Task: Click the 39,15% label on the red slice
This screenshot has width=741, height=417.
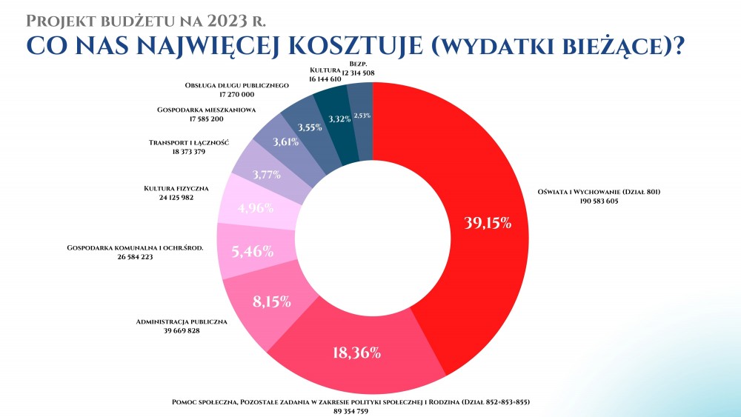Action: tap(487, 223)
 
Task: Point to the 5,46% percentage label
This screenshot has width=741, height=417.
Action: tap(253, 251)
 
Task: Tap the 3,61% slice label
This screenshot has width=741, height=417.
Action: tap(286, 142)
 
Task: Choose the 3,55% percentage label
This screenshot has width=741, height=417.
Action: tap(309, 127)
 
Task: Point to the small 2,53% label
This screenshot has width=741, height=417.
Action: tap(362, 116)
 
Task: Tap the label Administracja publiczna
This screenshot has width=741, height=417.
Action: tap(182, 322)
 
